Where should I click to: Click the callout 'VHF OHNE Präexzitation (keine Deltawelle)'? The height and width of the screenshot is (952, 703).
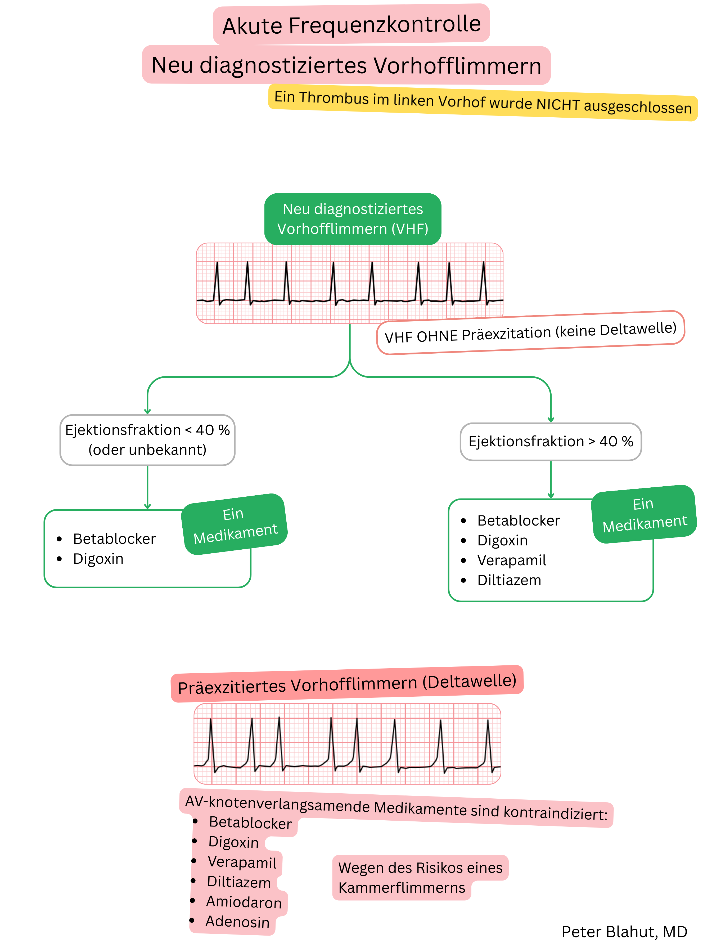coord(530,332)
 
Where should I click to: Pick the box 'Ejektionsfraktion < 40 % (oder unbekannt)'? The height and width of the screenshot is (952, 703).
coord(147,440)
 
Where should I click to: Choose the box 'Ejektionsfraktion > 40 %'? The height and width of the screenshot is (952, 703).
coord(550,442)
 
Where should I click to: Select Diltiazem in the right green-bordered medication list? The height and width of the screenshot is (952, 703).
coord(509,580)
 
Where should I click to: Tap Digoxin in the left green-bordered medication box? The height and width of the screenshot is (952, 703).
coord(98,559)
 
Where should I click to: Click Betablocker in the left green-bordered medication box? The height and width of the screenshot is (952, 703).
coord(114,539)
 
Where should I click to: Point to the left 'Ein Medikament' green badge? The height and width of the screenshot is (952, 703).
coord(235,524)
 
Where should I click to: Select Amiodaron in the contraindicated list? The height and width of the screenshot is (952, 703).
coord(244,902)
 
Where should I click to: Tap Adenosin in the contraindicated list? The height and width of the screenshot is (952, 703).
coord(237,922)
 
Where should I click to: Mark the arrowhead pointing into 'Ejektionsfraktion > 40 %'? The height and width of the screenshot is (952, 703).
coord(551,420)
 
